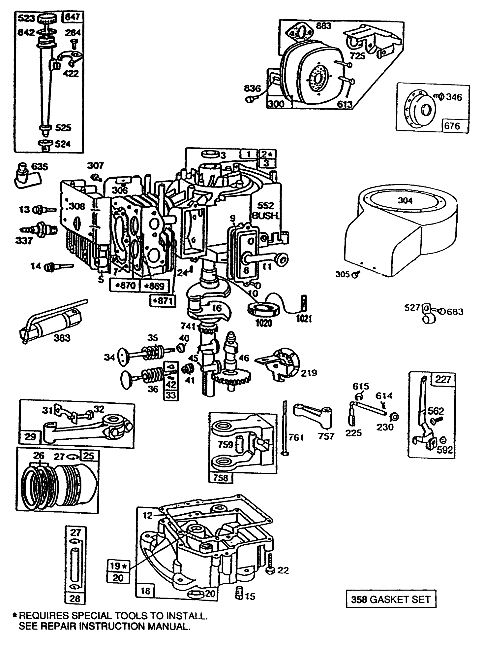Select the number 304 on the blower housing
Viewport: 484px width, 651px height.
[x=405, y=200]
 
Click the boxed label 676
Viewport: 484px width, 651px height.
[x=452, y=126]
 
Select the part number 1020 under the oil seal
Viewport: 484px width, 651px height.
[x=263, y=323]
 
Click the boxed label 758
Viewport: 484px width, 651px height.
[x=221, y=478]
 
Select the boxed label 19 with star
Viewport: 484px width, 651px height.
[x=118, y=566]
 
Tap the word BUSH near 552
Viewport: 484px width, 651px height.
[x=266, y=216]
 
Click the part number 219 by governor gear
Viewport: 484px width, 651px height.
[x=309, y=373]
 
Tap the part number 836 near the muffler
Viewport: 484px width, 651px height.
[x=252, y=88]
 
